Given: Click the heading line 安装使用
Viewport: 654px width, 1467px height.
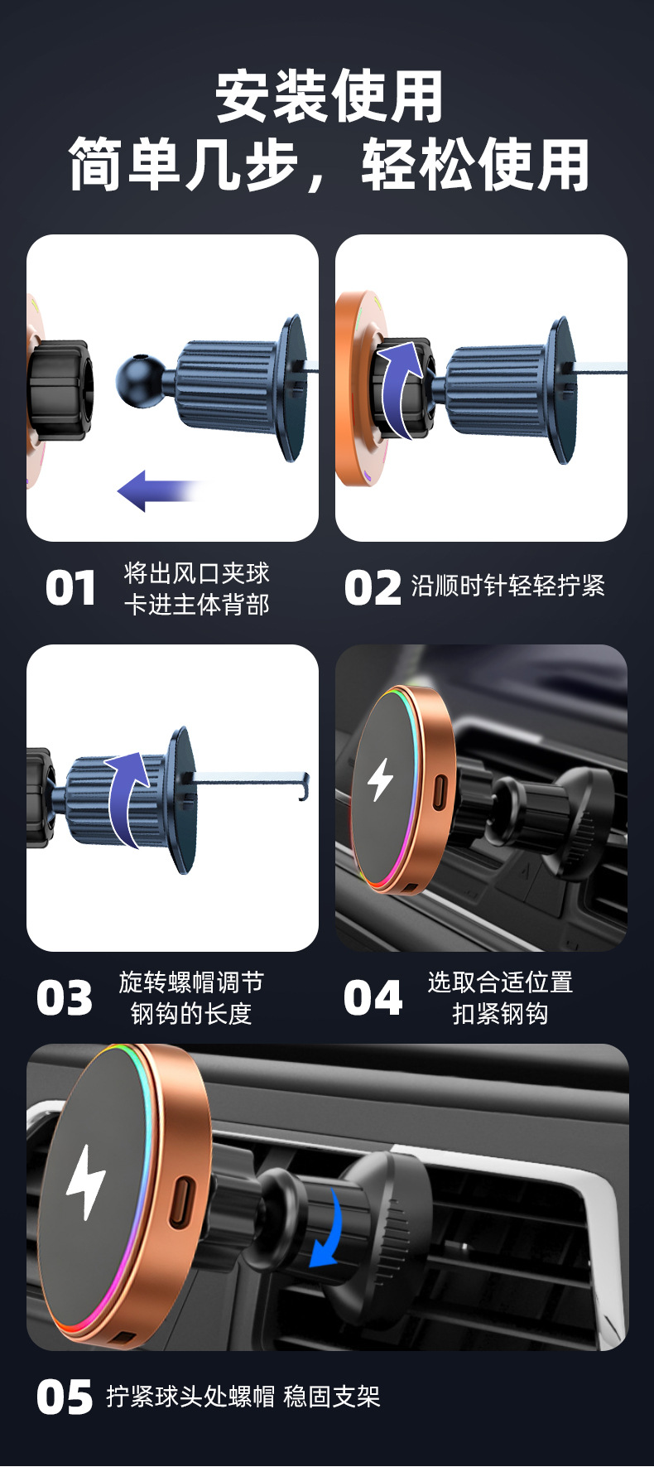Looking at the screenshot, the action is click(x=329, y=97).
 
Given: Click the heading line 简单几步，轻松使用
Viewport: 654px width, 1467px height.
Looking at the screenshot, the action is click(x=329, y=165).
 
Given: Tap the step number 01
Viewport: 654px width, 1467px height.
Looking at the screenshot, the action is click(x=70, y=589).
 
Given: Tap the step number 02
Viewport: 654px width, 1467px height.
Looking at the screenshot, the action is click(x=373, y=588).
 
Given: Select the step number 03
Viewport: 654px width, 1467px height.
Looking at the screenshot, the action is click(x=65, y=998).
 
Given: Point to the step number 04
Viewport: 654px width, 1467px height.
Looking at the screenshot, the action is click(x=373, y=998).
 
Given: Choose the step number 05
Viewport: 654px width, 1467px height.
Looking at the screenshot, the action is click(x=65, y=1397).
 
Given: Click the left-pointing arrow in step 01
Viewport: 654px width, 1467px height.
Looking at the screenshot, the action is click(x=159, y=491).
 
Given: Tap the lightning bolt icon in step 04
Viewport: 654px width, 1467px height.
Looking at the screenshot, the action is click(x=380, y=779).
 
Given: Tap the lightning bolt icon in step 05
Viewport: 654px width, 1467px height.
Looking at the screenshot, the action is click(x=86, y=1182).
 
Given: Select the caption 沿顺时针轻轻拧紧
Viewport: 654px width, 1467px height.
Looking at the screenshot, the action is click(x=508, y=586).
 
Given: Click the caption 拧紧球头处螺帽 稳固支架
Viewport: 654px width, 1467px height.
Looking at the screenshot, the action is click(x=243, y=1397).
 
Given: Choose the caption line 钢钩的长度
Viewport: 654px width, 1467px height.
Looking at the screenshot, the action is click(x=191, y=1013).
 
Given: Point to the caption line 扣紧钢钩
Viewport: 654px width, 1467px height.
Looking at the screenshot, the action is click(x=500, y=1013).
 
